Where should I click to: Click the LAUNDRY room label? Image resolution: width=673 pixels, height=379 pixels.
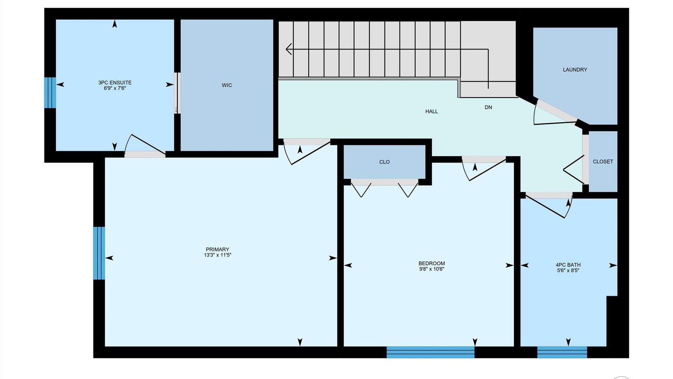click(575, 70)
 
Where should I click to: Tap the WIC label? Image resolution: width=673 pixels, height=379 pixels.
click(227, 85)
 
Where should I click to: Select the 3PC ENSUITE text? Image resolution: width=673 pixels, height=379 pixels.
click(115, 82)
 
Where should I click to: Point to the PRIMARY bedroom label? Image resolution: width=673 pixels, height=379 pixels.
click(217, 250)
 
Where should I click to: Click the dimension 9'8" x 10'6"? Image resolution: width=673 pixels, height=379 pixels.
click(431, 269)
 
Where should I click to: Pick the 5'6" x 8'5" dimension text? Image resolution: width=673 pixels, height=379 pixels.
click(568, 271)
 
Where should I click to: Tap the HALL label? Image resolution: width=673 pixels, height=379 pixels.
click(431, 112)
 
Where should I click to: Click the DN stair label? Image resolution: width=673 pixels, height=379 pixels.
click(488, 107)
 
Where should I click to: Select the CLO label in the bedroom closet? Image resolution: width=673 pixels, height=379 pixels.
click(385, 162)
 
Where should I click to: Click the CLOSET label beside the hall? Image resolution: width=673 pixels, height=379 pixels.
click(603, 162)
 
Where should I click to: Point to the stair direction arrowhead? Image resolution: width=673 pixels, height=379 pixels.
click(289, 49)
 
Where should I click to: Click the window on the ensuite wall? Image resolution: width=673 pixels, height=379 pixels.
click(50, 93)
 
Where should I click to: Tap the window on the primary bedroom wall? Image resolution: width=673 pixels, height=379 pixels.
click(99, 253)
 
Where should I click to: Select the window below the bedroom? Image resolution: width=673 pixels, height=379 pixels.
click(430, 352)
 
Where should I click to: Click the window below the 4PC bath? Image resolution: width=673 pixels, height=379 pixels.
click(562, 352)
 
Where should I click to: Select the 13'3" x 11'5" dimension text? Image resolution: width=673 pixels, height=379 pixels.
click(217, 255)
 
